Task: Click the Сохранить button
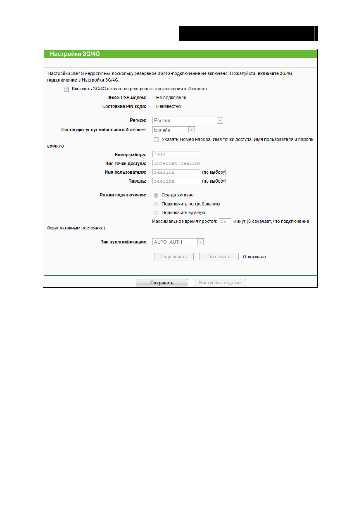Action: (x=162, y=283)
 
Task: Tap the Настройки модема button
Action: (x=220, y=283)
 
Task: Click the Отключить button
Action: (x=219, y=257)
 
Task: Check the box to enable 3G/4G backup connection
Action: (x=66, y=89)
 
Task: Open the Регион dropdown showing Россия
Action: (x=188, y=120)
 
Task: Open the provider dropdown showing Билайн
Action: (x=174, y=130)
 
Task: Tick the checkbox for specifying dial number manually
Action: (x=156, y=140)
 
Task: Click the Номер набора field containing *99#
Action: (x=176, y=154)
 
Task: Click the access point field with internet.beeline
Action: (x=176, y=163)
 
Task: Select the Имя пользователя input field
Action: (x=176, y=172)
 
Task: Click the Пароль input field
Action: (x=176, y=181)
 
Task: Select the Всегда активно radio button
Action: (x=156, y=195)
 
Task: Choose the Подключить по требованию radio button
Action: (x=156, y=204)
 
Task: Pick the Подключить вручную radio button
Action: (x=156, y=213)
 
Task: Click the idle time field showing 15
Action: (x=224, y=222)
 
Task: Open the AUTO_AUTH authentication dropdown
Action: (x=178, y=242)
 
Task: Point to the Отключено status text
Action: (x=254, y=257)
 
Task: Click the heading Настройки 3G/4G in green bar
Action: (x=75, y=54)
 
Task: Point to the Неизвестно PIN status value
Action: (x=168, y=106)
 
